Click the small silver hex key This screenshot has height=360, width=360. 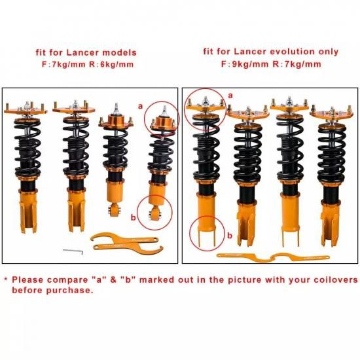pos(73,251)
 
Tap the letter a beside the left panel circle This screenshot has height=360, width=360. pos(140,106)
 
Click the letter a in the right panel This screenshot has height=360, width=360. pos(230,96)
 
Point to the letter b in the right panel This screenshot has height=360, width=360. pos(230,236)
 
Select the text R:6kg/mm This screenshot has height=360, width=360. pos(111,65)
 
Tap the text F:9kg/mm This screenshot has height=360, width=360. pos(245,64)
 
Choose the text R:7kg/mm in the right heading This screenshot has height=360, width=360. pos(297,64)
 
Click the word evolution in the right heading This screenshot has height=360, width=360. pos(293,52)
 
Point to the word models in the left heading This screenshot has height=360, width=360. pos(119,52)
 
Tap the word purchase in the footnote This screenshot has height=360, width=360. pos(69,291)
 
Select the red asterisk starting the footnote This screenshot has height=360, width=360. pos(6,279)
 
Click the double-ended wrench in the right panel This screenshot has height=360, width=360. pos(273,257)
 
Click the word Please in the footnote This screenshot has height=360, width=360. pos(27,279)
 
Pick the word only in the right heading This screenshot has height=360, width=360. pos(329,52)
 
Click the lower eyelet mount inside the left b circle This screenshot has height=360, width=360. pos(155,213)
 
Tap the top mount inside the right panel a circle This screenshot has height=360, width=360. pos(205,105)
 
